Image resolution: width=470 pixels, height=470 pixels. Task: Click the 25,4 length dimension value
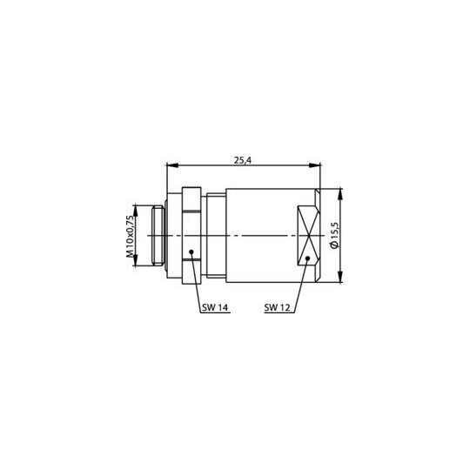tap(243, 160)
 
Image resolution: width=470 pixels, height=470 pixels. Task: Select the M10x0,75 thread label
tap(130, 236)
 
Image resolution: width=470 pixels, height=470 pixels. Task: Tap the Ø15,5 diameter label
tap(334, 236)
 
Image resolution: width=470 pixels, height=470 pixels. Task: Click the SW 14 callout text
tap(215, 307)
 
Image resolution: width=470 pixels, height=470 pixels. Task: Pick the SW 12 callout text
tap(278, 307)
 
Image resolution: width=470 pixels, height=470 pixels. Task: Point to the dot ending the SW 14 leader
tap(191, 252)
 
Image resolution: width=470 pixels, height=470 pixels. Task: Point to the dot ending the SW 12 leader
tap(307, 258)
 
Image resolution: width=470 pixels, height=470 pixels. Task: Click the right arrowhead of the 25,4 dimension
tap(315, 165)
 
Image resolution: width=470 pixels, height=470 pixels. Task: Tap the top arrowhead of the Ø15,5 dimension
tap(340, 194)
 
